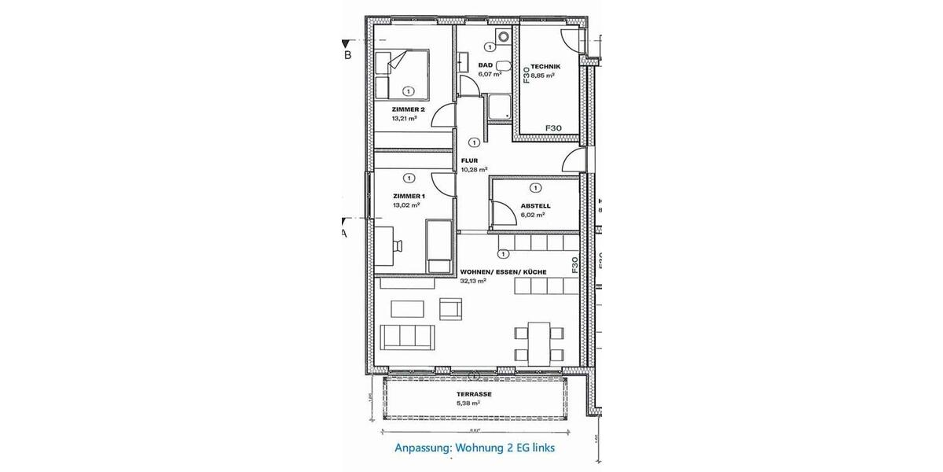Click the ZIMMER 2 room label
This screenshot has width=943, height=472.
409,110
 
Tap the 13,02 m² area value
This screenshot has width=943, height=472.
408,205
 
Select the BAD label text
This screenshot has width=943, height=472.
485,66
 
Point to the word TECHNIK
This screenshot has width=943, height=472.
545,67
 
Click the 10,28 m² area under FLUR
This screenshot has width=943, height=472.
475,169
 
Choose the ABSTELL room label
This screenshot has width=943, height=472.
535,206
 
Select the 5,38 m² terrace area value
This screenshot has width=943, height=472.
468,403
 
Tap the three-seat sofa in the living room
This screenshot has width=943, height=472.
406,337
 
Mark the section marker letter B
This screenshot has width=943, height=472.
347,57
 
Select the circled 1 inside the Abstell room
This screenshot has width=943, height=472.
535,188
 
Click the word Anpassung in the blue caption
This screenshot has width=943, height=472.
420,448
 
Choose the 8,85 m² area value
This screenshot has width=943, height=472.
543,76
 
